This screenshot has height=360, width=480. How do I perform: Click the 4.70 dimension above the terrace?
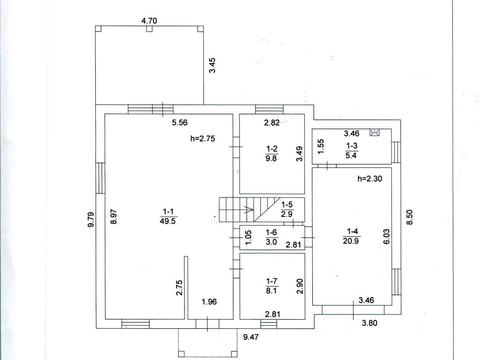click(x=149, y=21)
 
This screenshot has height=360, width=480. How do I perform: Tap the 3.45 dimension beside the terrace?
click(x=212, y=65)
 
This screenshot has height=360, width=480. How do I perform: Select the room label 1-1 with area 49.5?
click(x=168, y=216)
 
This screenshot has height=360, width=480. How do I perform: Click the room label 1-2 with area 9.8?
click(x=272, y=153)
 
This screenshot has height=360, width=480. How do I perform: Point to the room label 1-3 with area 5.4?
click(x=351, y=150)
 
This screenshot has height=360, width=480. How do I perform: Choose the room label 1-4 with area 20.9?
click(x=351, y=236)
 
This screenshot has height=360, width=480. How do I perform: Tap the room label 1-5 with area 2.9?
click(x=287, y=209)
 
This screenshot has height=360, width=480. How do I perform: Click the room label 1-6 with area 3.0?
click(x=271, y=237)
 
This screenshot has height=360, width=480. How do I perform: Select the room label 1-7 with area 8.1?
click(x=272, y=286)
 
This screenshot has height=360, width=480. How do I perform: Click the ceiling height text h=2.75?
click(x=203, y=138)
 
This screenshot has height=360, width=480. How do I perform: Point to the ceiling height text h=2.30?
click(x=370, y=179)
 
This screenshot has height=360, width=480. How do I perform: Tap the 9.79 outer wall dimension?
click(x=91, y=220)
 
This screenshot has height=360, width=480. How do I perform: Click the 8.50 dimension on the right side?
click(x=410, y=217)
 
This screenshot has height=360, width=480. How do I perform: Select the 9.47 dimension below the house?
click(x=251, y=337)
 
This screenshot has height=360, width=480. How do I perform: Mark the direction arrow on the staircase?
click(x=247, y=210)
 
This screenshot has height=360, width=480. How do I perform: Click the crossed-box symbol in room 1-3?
click(x=374, y=132)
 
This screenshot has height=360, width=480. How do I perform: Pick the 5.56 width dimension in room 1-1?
click(x=180, y=123)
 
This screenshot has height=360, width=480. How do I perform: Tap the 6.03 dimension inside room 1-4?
click(x=387, y=236)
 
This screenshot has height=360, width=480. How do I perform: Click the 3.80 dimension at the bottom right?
click(x=370, y=323)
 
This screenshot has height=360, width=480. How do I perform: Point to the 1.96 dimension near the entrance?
click(x=209, y=302)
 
